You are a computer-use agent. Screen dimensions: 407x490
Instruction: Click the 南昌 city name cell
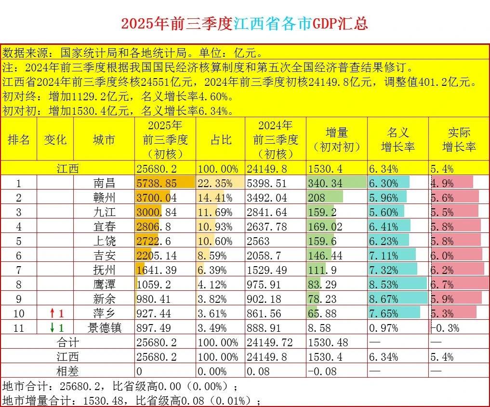click(x=104, y=183)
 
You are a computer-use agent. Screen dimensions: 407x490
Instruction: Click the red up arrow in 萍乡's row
click(x=52, y=314)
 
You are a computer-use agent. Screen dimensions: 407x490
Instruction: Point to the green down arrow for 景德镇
click(x=52, y=328)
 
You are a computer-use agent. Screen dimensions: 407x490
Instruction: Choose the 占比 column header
click(x=220, y=139)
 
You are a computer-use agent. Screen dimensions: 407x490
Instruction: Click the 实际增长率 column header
click(x=459, y=139)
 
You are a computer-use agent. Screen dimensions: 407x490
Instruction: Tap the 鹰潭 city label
click(x=104, y=285)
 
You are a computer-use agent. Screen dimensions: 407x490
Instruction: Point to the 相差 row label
click(x=67, y=371)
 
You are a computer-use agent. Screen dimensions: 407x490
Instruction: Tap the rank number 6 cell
click(x=19, y=256)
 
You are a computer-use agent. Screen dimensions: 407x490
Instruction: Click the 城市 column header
click(x=104, y=139)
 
